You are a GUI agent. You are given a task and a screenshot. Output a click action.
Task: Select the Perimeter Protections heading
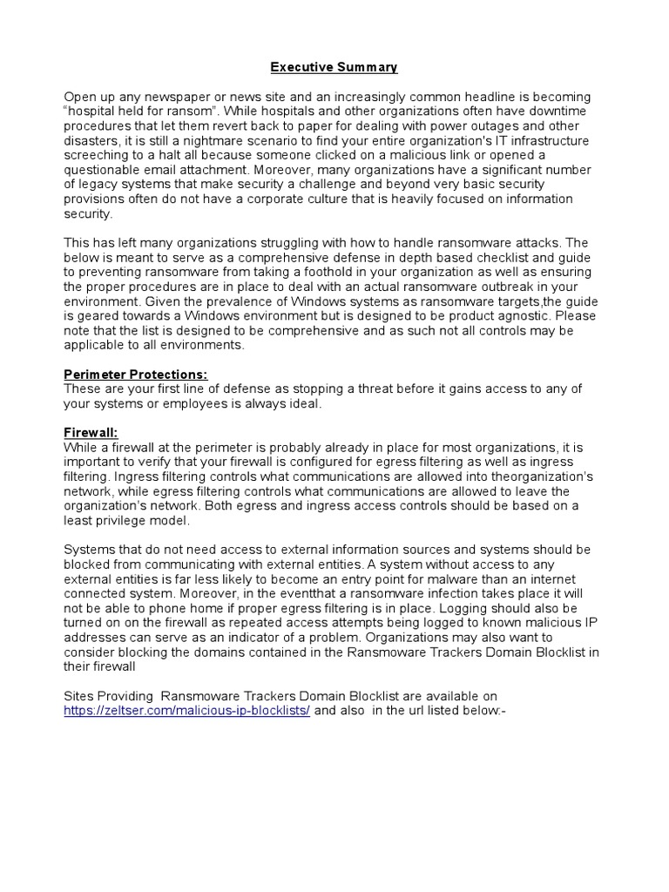coord(135,375)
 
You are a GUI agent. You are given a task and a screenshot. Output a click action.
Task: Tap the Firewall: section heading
coord(90,432)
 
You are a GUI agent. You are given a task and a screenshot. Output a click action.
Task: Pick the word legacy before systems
coord(100,184)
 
